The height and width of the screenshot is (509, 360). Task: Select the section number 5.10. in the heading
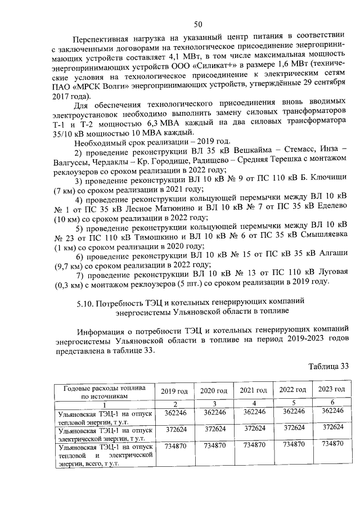coord(87,304)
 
